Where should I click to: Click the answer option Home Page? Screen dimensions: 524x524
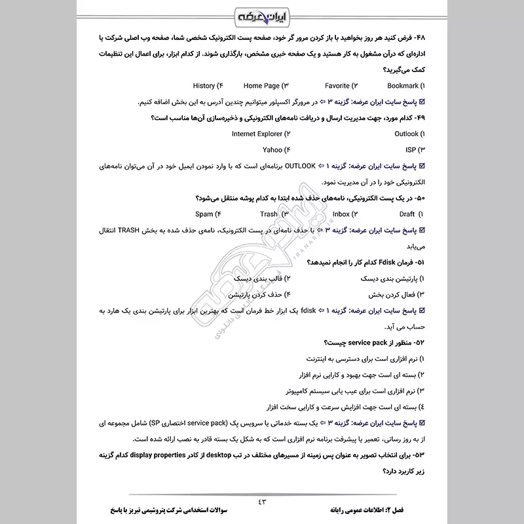tap(261, 86)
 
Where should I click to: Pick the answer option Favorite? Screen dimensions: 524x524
tap(337, 86)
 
